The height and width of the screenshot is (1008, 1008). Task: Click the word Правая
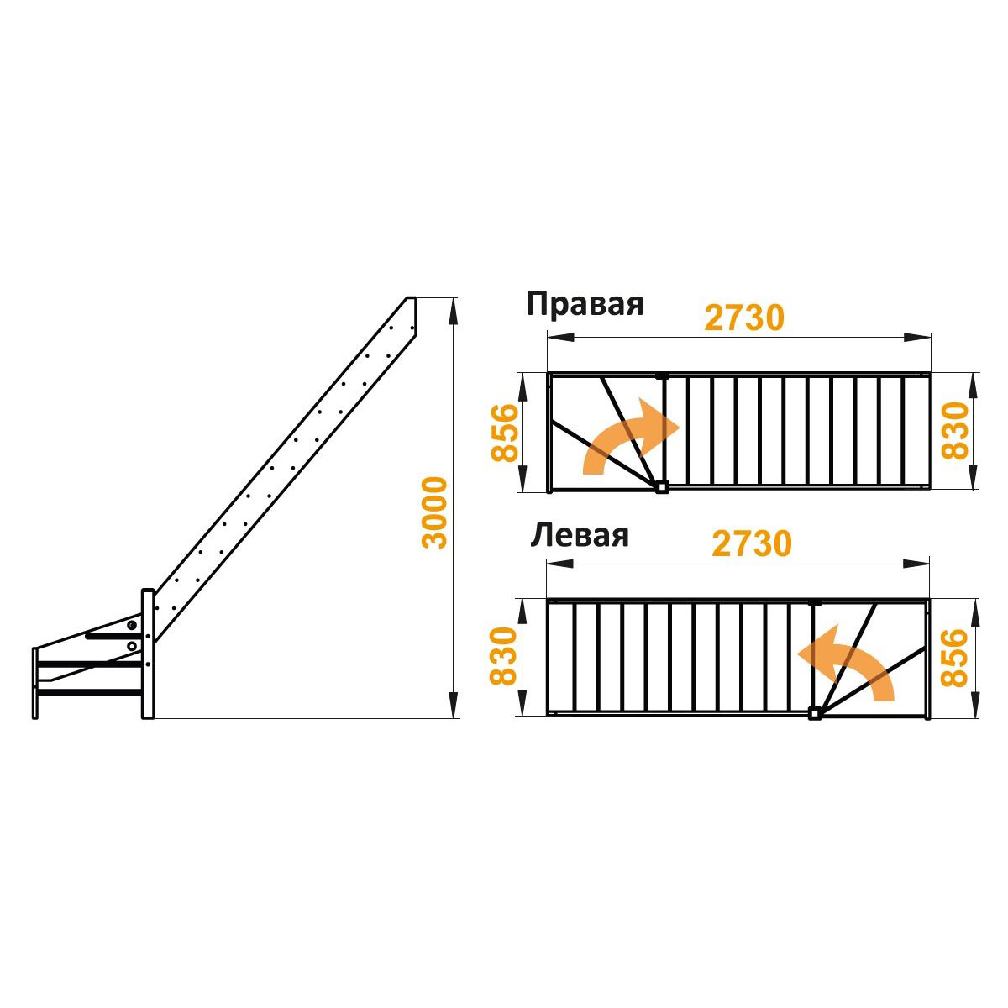585,304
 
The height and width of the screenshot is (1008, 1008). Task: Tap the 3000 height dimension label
434,512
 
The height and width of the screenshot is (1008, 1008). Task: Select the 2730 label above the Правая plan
744,318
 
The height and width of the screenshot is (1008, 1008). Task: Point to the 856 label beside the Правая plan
505,433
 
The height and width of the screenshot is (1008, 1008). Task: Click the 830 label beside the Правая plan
955,431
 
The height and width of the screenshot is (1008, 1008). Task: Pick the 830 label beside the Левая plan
502,656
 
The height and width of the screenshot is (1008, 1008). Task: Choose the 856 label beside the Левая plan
954,658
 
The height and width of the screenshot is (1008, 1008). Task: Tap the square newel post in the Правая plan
662,487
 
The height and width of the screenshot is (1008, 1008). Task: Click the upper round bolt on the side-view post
132,625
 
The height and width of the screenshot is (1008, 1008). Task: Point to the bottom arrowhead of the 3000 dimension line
454,705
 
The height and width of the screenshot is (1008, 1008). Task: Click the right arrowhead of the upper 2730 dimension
916,337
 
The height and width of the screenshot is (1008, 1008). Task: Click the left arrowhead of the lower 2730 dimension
560,564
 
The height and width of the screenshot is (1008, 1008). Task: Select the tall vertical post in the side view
148,654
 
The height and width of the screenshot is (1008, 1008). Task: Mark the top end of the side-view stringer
412,299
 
